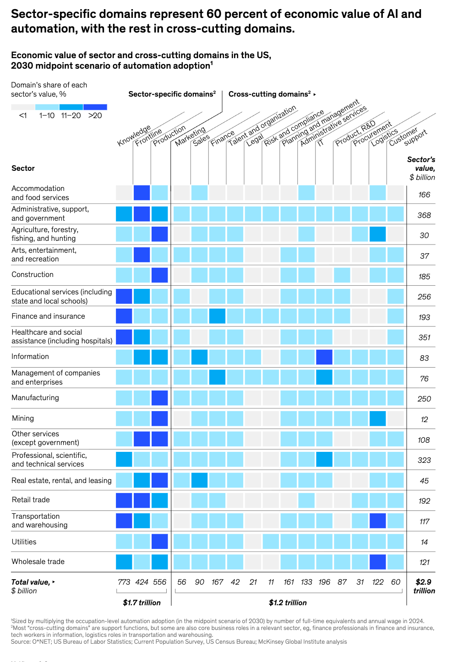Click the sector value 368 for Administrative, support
pos(424,215)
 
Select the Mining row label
pos(23,418)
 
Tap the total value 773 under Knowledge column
pos(124,582)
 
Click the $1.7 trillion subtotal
pos(142,602)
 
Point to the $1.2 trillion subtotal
pos(288,602)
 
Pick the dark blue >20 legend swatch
pos(95,107)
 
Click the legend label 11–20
pos(71,116)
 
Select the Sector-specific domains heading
pos(172,94)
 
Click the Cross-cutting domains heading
pos(270,94)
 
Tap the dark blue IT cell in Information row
pos(324,357)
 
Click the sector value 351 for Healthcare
pos(424,337)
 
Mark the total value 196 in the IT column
pos(324,582)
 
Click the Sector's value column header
pos(421,168)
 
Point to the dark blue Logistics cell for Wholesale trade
pos(378,562)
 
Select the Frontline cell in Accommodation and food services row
pos(142,193)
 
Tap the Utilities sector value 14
pos(424,542)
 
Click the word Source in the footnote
pos(21,642)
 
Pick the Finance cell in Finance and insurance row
pos(218,316)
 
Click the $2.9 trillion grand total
pos(424,586)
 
